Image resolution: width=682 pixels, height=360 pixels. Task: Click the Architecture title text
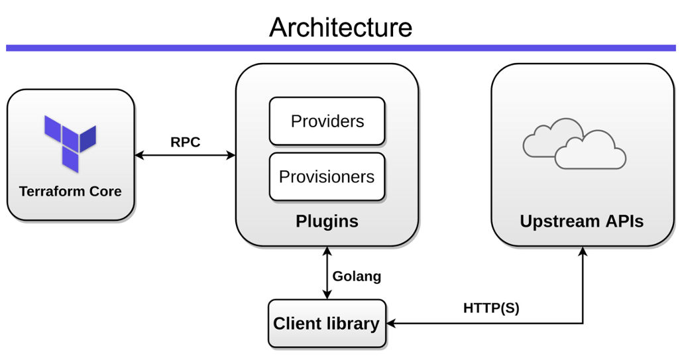click(341, 27)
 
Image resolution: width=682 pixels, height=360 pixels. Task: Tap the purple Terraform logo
click(70, 143)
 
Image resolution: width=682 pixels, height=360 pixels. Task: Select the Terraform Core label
click(70, 192)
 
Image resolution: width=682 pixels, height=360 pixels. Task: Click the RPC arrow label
click(185, 142)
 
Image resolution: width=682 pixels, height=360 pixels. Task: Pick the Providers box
click(327, 121)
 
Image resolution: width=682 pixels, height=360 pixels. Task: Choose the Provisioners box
click(327, 177)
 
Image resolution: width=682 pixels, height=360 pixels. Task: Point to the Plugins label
click(327, 221)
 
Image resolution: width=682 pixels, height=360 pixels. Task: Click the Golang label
click(357, 276)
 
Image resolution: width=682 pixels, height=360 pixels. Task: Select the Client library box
click(327, 324)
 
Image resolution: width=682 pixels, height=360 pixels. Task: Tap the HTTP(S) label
click(491, 308)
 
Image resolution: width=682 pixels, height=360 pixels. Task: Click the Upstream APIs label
click(581, 221)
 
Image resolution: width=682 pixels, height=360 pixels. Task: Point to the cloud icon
click(574, 143)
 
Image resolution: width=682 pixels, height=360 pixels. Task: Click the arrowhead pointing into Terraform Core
click(139, 156)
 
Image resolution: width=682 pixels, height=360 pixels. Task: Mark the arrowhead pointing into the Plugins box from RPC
click(231, 156)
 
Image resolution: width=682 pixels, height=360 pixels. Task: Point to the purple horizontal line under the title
click(341, 48)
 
